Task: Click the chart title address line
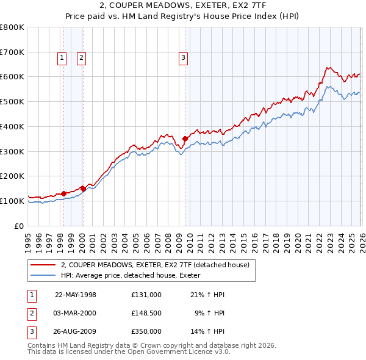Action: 182,7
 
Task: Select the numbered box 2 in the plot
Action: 81,58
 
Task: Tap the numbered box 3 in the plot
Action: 183,58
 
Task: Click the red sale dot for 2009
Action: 185,139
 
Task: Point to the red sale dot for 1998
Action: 63,193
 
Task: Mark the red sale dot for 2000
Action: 82,189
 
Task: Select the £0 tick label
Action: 20,226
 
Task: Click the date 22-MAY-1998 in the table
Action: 76,295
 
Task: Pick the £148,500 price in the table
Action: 146,314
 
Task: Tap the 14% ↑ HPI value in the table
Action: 208,332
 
